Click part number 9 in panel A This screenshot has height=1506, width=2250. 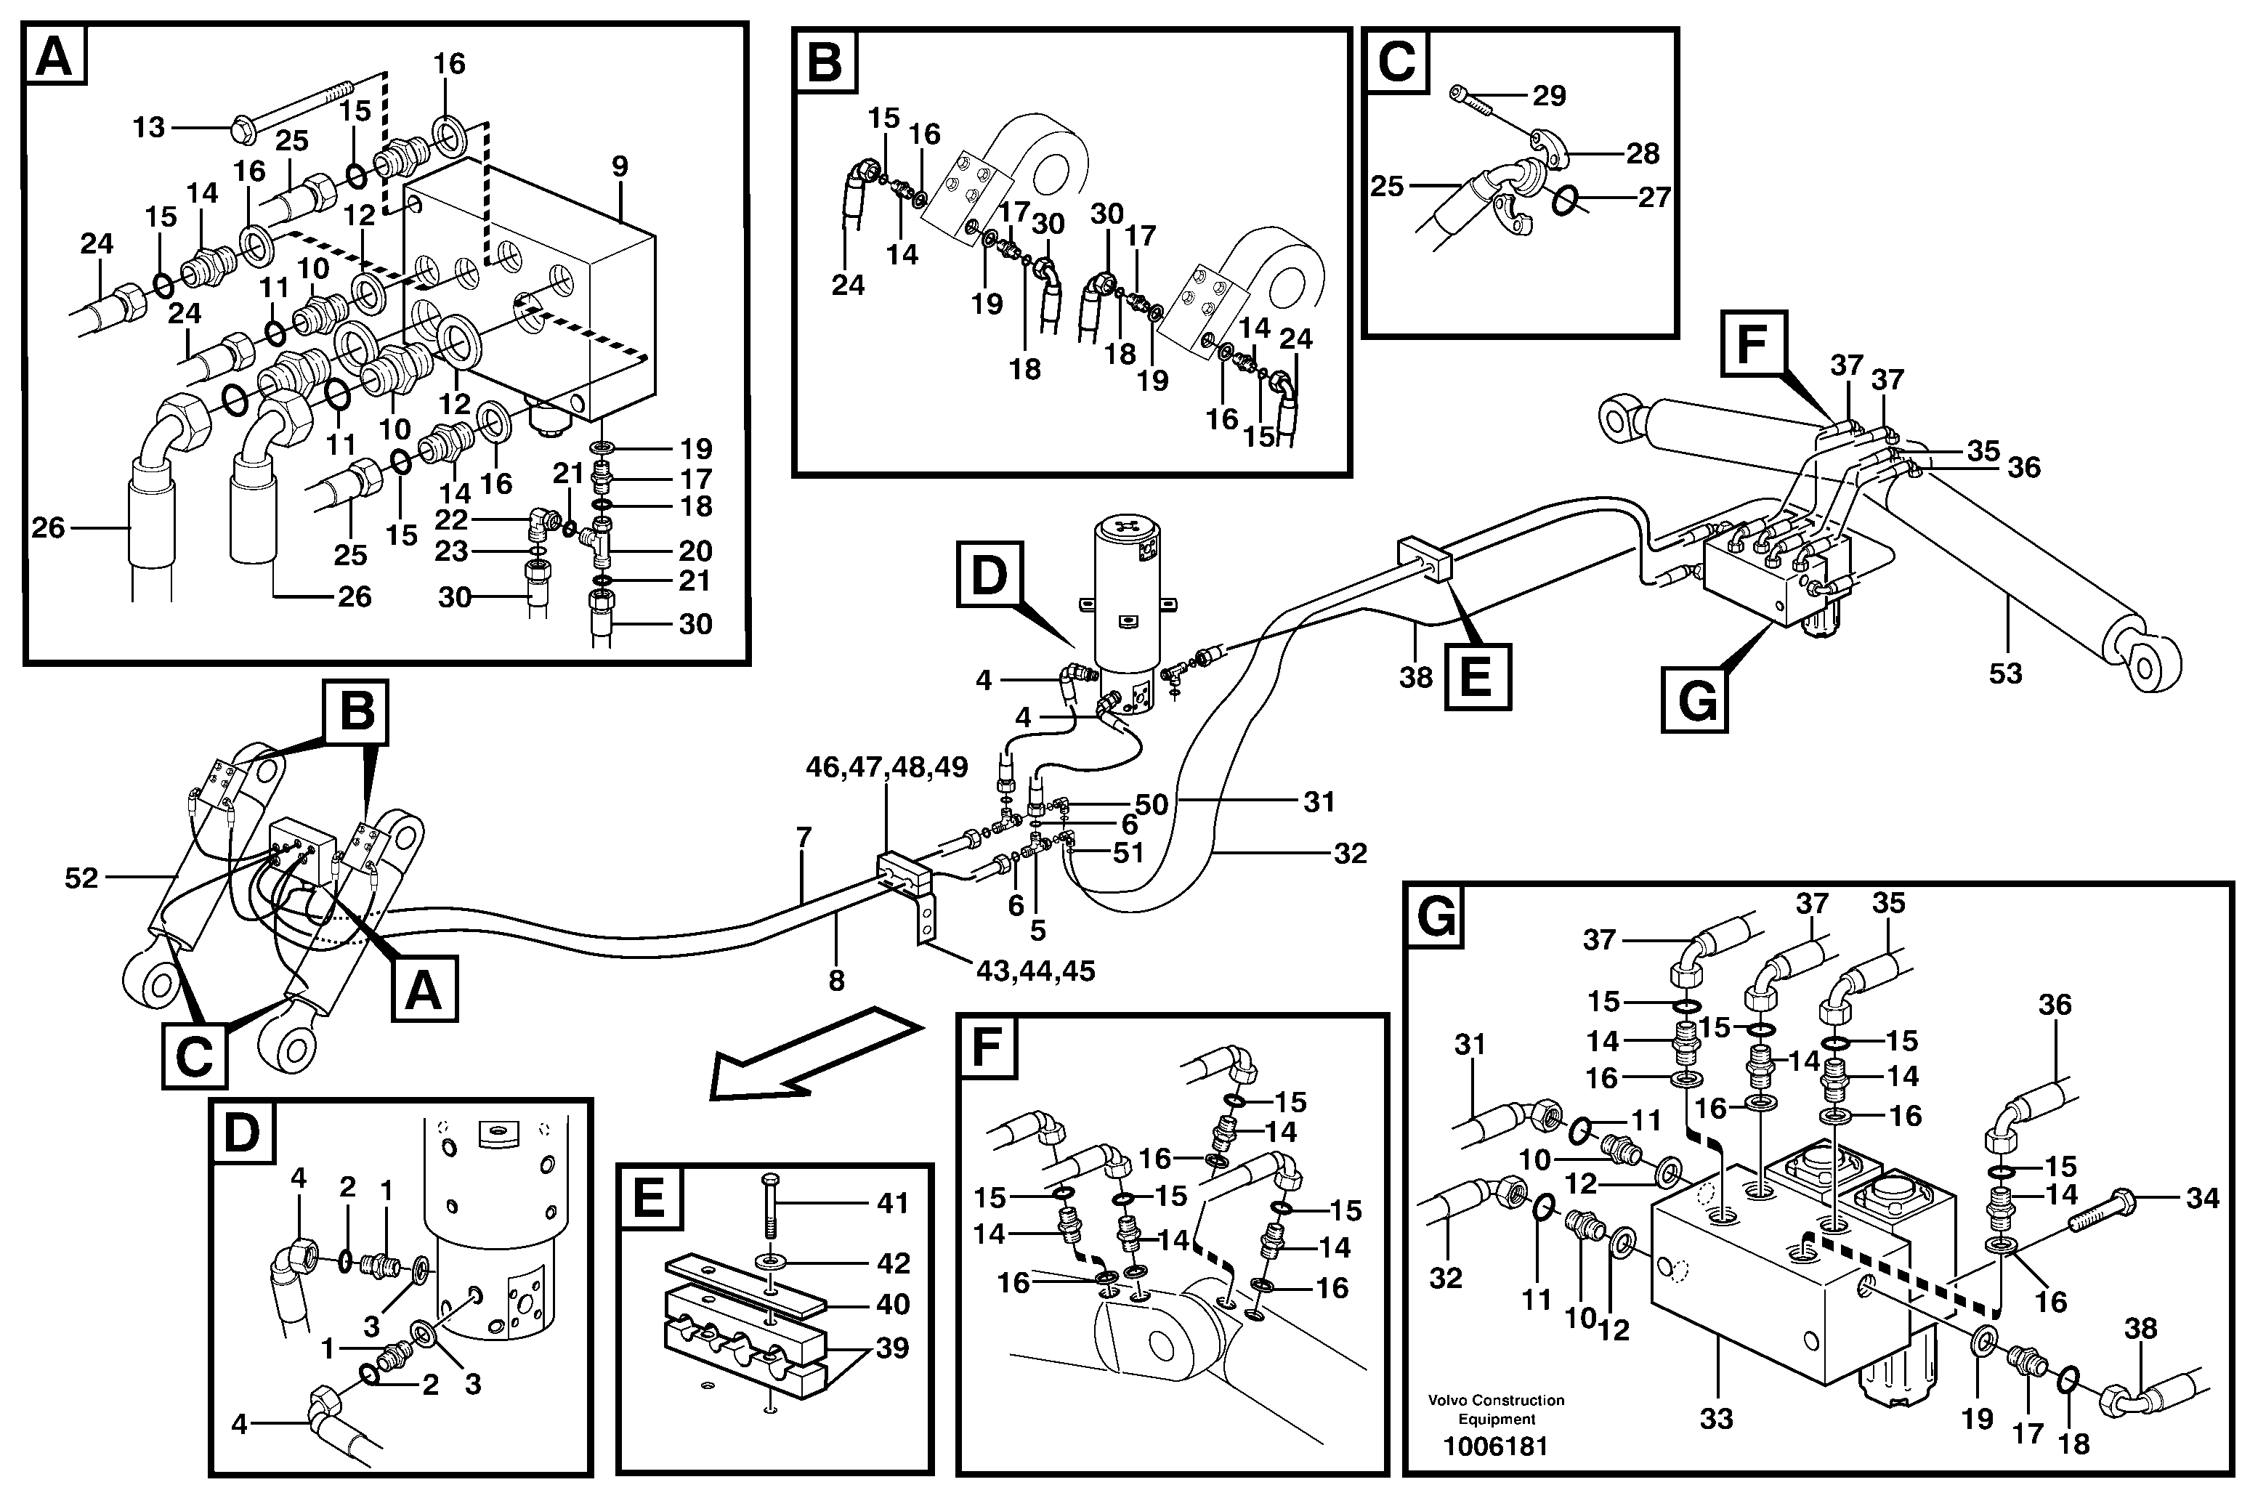[620, 166]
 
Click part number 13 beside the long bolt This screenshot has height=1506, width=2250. [149, 127]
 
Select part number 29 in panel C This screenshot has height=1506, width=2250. [1548, 95]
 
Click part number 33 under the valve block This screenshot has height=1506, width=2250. [1715, 1417]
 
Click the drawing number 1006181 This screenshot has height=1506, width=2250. [1496, 1446]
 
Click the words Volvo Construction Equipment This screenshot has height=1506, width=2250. [1496, 1409]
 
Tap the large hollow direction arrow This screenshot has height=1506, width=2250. [812, 1052]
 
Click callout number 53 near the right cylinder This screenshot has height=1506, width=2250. [2005, 673]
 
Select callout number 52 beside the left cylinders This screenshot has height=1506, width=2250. [81, 878]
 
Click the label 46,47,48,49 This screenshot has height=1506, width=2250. [886, 767]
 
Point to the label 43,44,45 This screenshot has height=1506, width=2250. [1035, 971]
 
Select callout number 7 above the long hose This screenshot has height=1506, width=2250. [804, 838]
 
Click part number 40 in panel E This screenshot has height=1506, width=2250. [892, 1303]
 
